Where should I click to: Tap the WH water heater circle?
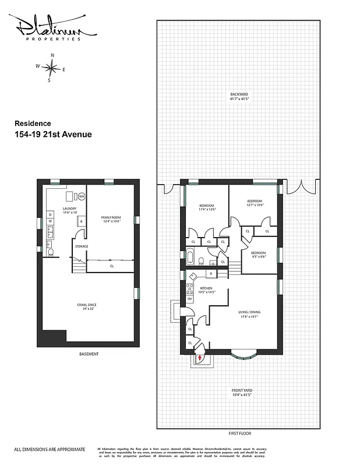(82, 196)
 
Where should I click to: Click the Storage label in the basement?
(82, 246)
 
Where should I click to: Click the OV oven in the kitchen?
(190, 299)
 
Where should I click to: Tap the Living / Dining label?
(249, 312)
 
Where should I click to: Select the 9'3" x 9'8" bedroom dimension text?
(258, 257)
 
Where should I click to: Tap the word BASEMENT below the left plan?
(89, 354)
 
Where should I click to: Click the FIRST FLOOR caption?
(239, 433)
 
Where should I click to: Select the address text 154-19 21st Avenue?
(52, 135)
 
